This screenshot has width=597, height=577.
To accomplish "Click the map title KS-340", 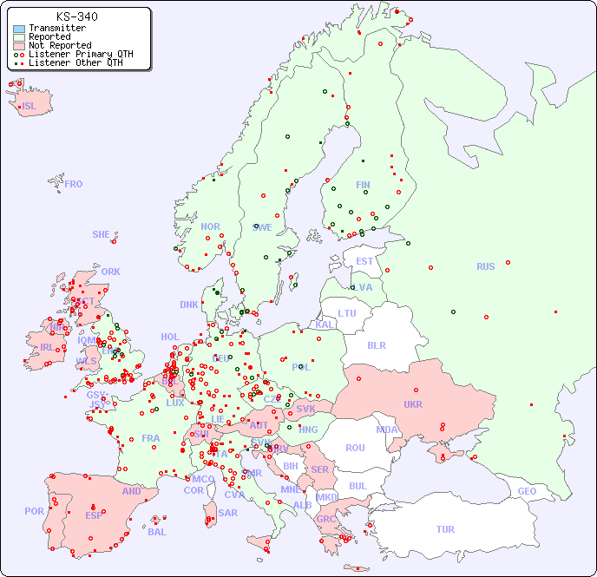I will click(x=76, y=16).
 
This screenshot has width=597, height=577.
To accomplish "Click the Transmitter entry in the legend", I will click(x=56, y=29).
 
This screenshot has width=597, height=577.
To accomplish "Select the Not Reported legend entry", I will click(x=59, y=45).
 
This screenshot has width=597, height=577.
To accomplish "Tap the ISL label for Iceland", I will click(x=30, y=107).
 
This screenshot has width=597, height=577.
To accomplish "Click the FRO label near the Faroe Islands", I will click(x=74, y=184).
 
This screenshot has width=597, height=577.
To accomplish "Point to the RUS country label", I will click(x=485, y=266).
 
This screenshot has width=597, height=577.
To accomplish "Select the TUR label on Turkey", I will click(x=445, y=529).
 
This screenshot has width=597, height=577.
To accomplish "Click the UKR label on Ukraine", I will click(x=413, y=404).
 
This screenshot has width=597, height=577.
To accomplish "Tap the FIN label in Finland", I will click(x=363, y=185).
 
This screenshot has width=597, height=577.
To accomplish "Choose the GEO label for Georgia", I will click(x=527, y=491).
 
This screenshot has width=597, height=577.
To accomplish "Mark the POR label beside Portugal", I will click(x=34, y=511).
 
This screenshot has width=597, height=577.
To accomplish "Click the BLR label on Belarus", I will click(x=377, y=344).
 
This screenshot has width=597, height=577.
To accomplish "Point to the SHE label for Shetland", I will click(x=102, y=234).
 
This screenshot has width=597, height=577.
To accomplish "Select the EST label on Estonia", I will click(x=364, y=261).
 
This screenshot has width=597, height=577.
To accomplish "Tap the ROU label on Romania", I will click(x=355, y=448).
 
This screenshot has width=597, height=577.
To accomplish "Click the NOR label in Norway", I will click(x=210, y=226).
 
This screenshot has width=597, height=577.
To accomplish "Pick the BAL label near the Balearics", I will click(x=156, y=532).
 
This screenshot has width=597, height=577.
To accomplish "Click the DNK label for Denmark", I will click(x=189, y=305).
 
